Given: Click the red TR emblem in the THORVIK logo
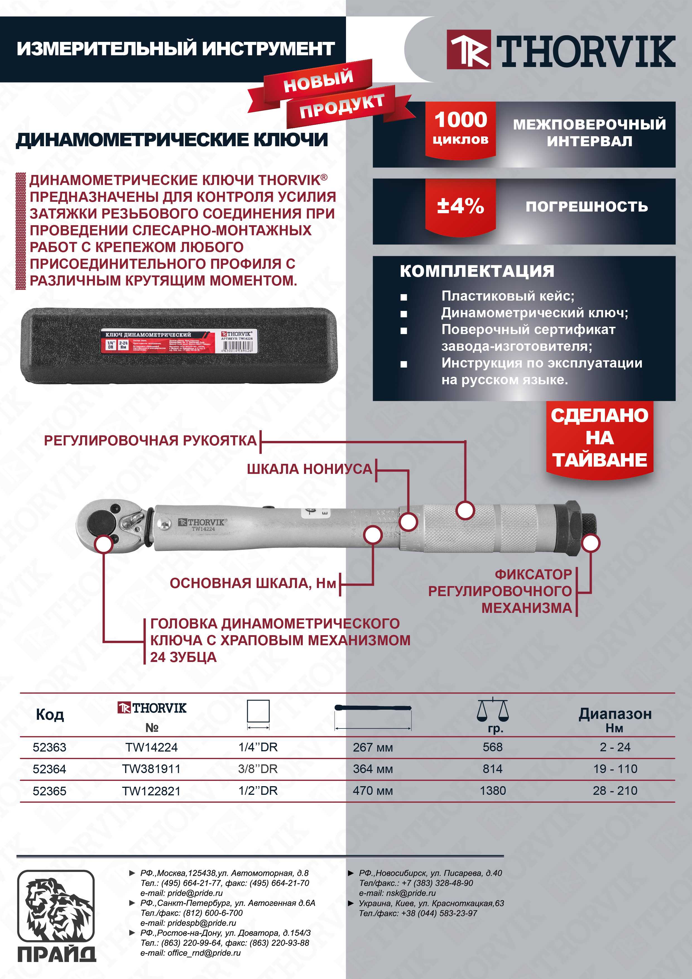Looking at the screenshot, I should (x=468, y=49).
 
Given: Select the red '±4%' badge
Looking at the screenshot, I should (x=460, y=206).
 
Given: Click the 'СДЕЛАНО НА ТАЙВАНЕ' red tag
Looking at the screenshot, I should (x=599, y=438).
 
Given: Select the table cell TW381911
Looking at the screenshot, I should (x=151, y=769).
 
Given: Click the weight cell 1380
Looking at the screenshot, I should (x=492, y=791).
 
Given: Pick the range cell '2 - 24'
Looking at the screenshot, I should (x=615, y=747).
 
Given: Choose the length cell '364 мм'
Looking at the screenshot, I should (x=373, y=769).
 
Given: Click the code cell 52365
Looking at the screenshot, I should (x=49, y=791).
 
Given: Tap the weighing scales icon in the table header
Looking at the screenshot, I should (x=492, y=710).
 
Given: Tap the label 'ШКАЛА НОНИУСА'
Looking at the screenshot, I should (x=309, y=469).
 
